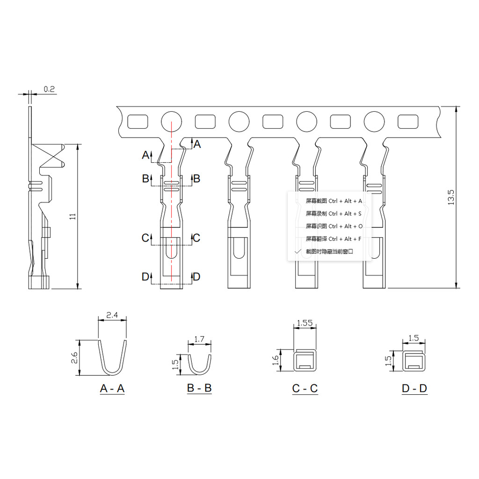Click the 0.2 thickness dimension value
49,89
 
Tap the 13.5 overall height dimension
450,197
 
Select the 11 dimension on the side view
73,216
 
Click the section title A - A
112,388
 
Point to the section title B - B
199,388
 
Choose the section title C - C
305,388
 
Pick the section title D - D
414,388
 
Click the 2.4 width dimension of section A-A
112,315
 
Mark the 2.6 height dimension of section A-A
74,357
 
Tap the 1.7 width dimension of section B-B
199,339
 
